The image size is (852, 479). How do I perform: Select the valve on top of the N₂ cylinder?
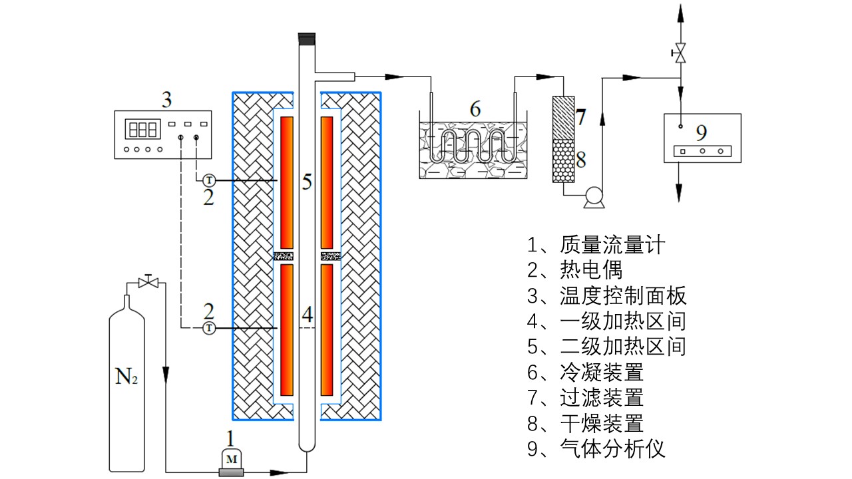147,282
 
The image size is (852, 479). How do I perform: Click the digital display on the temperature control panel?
144,128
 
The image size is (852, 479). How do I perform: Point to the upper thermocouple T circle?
208,180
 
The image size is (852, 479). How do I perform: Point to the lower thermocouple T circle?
208,328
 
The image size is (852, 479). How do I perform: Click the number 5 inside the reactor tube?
307,182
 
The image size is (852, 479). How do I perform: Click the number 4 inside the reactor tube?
307,315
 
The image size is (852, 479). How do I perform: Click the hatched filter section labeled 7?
563,116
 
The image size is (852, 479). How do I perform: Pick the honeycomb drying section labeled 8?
563,160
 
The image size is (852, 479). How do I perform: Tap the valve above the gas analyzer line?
680,53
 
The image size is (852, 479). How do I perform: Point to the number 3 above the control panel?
167,100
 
